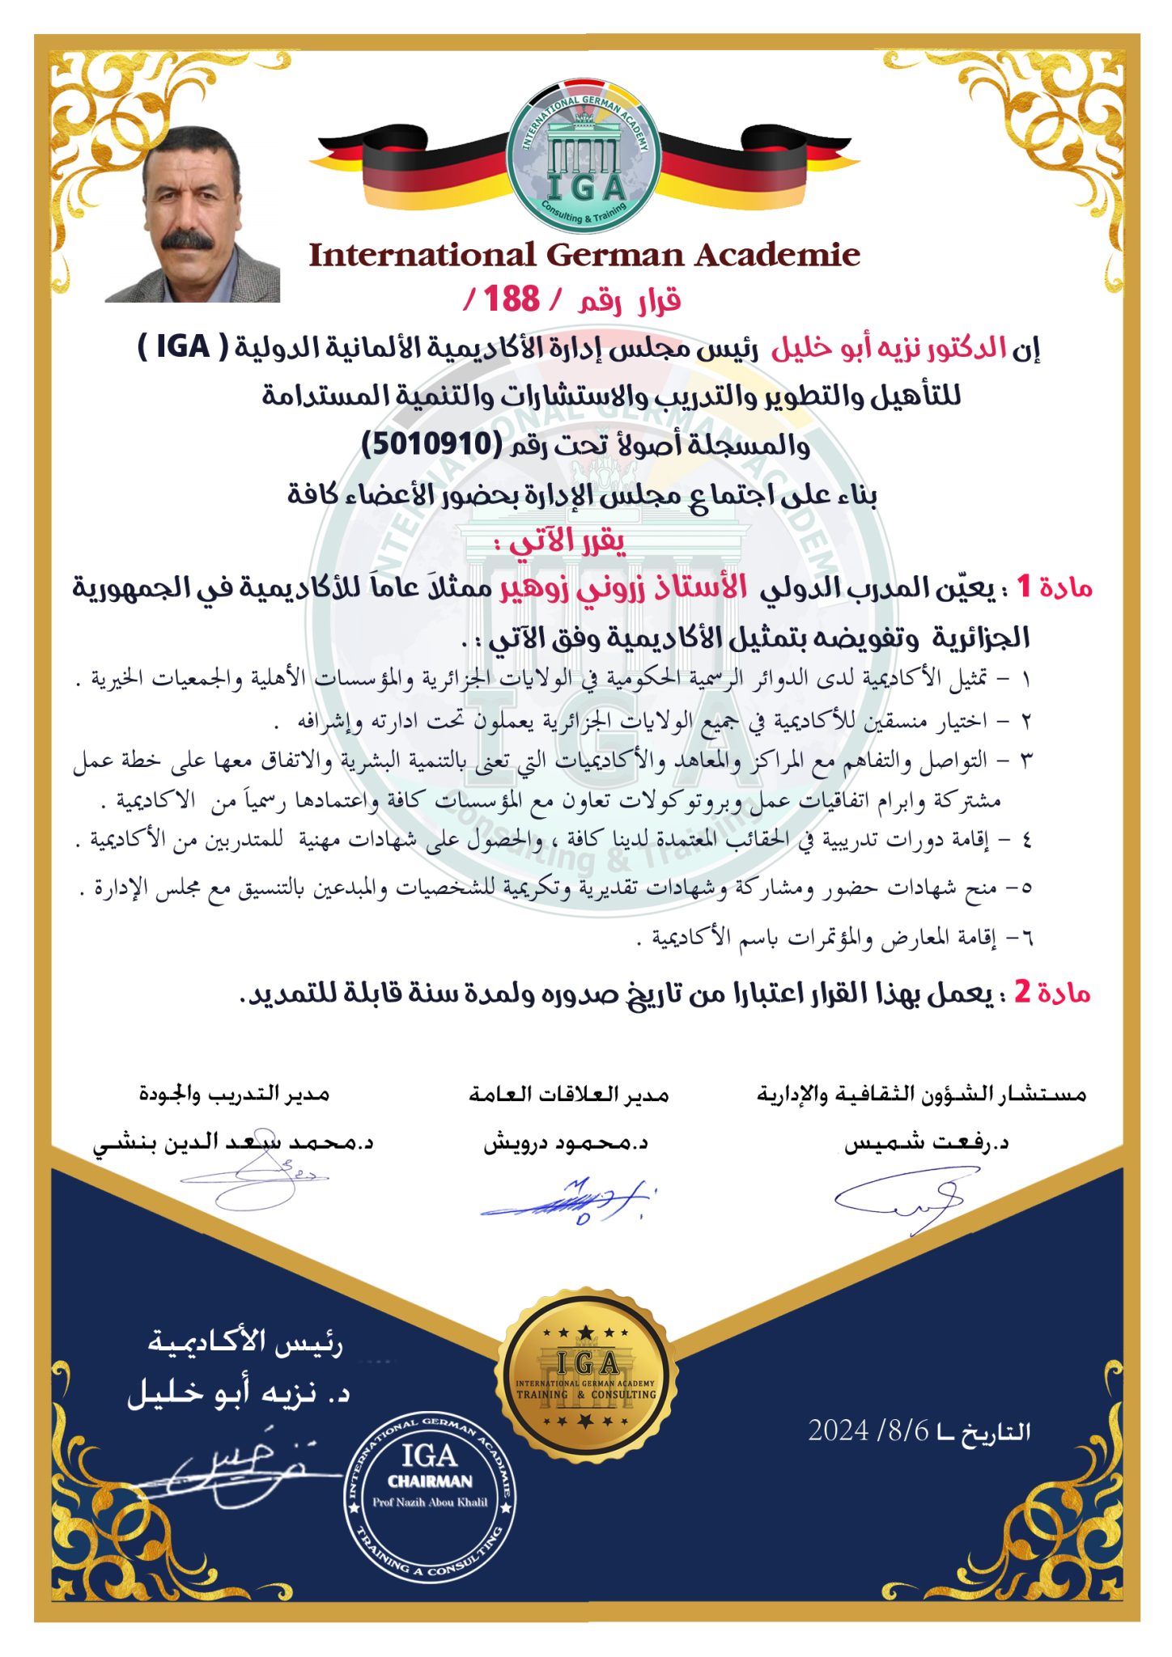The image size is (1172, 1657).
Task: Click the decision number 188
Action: click(512, 299)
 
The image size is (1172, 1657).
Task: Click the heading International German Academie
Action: click(584, 255)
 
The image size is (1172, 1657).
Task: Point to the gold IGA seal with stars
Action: click(586, 1373)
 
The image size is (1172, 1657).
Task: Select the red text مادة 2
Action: click(1051, 992)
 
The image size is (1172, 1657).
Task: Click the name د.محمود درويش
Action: click(566, 1143)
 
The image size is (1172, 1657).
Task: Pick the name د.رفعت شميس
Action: click(927, 1143)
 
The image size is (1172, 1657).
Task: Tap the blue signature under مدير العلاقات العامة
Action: click(571, 1199)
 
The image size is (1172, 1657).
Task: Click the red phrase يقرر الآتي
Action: click(566, 541)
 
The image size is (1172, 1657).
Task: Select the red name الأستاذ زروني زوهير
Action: click(622, 587)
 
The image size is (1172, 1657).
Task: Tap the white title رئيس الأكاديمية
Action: click(245, 1342)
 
